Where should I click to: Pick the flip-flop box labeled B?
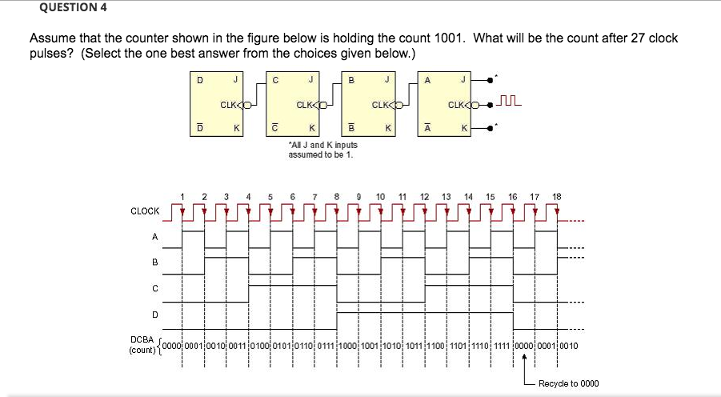pos(369,103)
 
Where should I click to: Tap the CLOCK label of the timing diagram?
pos(145,211)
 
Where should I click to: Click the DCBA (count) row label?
pos(144,346)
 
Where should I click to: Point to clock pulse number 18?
pos(557,196)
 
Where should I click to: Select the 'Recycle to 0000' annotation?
pos(568,383)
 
